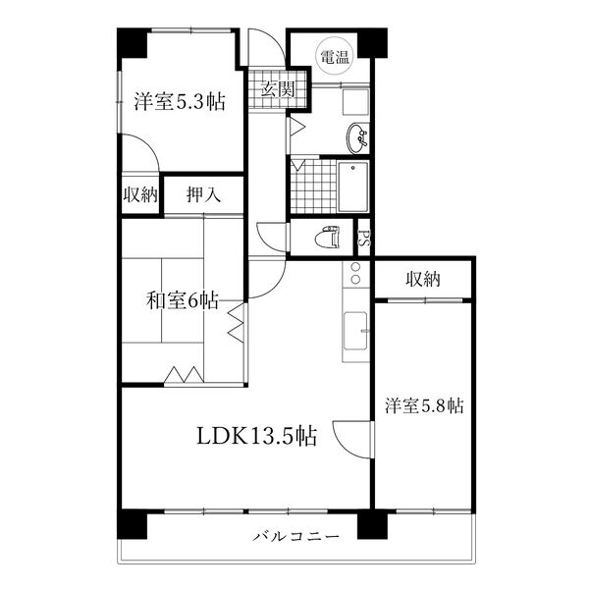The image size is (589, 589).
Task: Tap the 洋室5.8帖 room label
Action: point(424,405)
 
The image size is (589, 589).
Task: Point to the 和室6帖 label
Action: point(183,300)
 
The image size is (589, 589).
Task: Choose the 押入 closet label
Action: point(203,194)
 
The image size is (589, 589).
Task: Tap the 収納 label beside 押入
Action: point(140,194)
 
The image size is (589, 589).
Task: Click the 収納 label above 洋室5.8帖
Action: point(423,280)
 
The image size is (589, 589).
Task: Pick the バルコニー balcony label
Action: point(295,537)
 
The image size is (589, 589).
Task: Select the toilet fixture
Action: point(326,238)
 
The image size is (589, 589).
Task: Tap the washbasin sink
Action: point(358,138)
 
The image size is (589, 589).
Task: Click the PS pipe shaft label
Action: point(363,238)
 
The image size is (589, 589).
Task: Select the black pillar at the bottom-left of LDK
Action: point(132,523)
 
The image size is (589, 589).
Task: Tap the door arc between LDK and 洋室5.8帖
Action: point(351,434)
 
